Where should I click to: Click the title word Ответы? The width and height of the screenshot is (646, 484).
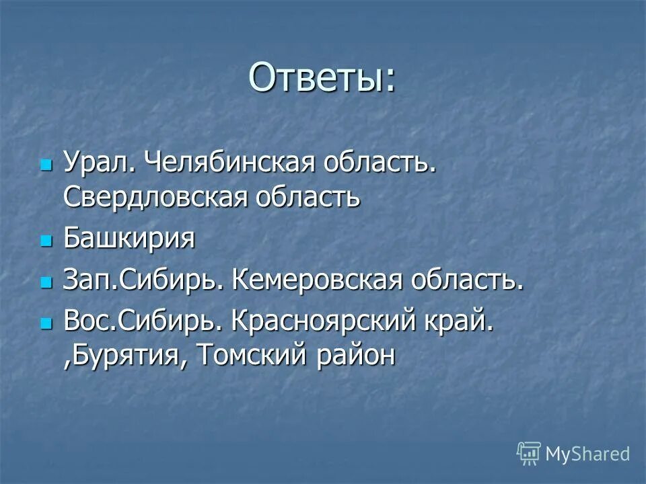322,78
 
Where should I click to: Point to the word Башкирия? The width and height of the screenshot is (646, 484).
129,239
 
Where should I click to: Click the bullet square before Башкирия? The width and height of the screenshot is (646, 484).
46,240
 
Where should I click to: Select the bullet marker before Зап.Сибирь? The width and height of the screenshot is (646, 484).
46,282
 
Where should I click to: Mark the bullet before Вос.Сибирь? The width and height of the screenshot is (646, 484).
46,323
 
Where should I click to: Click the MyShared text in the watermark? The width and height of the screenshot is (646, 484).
587,454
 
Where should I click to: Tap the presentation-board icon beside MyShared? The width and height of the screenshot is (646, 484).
529,453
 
